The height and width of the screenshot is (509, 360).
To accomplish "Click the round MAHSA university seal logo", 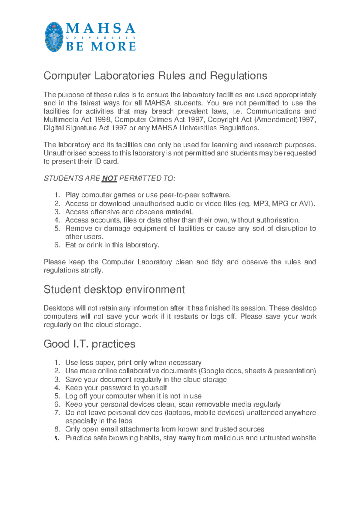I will (x=54, y=37).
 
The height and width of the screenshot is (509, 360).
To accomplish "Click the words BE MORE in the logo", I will (x=101, y=47).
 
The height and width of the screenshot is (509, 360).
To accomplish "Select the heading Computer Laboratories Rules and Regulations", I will (x=155, y=76).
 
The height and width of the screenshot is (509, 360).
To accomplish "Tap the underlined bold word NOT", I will (x=109, y=179).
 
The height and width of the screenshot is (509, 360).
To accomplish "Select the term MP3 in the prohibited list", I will (x=261, y=204).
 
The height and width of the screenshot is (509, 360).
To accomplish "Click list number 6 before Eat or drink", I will (x=57, y=245).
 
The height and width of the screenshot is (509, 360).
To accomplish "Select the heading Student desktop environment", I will (x=114, y=290).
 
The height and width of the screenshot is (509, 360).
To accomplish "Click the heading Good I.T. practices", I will (x=89, y=344).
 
